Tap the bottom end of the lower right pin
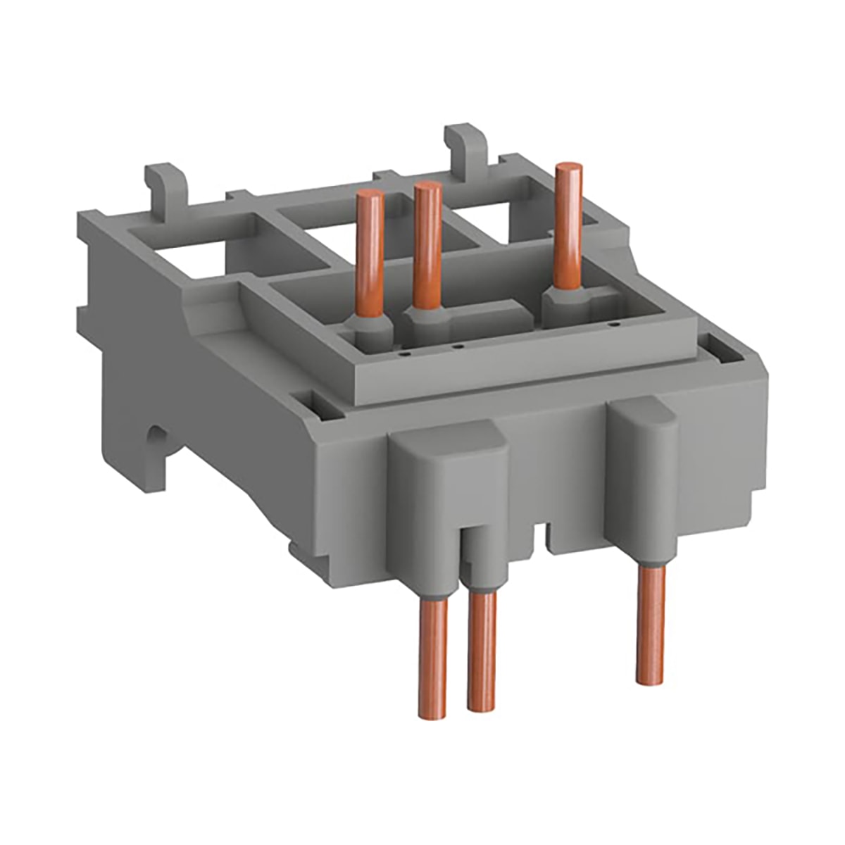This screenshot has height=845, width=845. (x=651, y=679)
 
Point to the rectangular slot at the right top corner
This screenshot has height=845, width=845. (x=719, y=345)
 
